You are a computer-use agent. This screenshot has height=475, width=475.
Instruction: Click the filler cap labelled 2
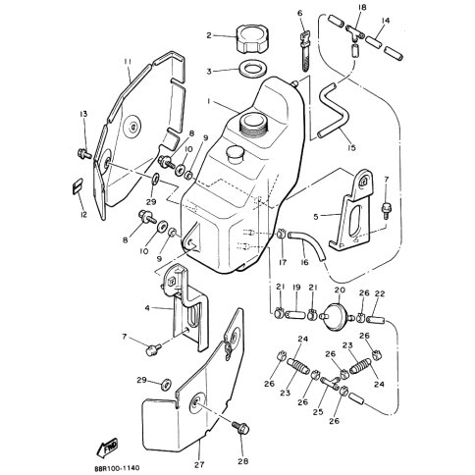point(250,38)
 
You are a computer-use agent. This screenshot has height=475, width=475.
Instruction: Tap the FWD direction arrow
point(107,448)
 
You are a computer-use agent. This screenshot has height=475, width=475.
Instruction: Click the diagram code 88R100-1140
point(117,467)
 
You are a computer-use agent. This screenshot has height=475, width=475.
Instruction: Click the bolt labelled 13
point(84,153)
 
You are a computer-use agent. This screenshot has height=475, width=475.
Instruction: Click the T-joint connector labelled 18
point(355,33)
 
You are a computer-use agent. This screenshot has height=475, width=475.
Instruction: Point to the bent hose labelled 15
point(333,112)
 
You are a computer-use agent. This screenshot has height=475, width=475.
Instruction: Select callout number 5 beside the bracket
point(315,217)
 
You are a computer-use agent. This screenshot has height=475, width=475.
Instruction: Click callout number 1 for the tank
point(208,101)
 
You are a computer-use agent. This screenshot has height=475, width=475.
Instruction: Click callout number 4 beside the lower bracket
point(147,308)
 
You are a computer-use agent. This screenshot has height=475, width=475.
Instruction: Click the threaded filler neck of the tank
point(254,124)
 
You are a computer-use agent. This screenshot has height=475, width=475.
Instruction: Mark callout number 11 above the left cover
point(128,61)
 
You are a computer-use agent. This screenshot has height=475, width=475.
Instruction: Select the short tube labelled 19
point(296,315)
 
